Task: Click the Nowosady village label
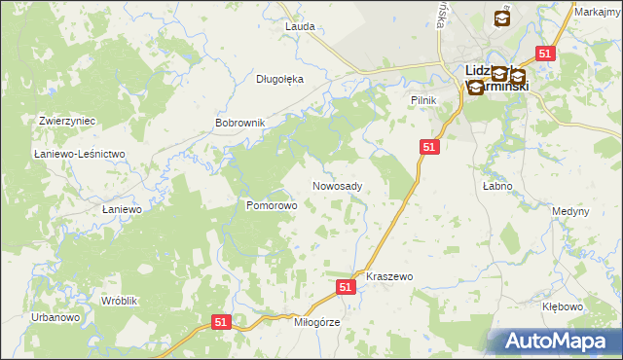(x=338, y=186)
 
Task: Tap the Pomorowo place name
(x=271, y=206)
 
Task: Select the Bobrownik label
(x=239, y=124)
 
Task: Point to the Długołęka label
(x=279, y=80)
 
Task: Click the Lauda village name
(x=300, y=27)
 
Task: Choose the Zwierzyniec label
(x=66, y=121)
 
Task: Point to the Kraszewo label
(x=389, y=277)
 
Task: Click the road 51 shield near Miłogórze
(x=221, y=322)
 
